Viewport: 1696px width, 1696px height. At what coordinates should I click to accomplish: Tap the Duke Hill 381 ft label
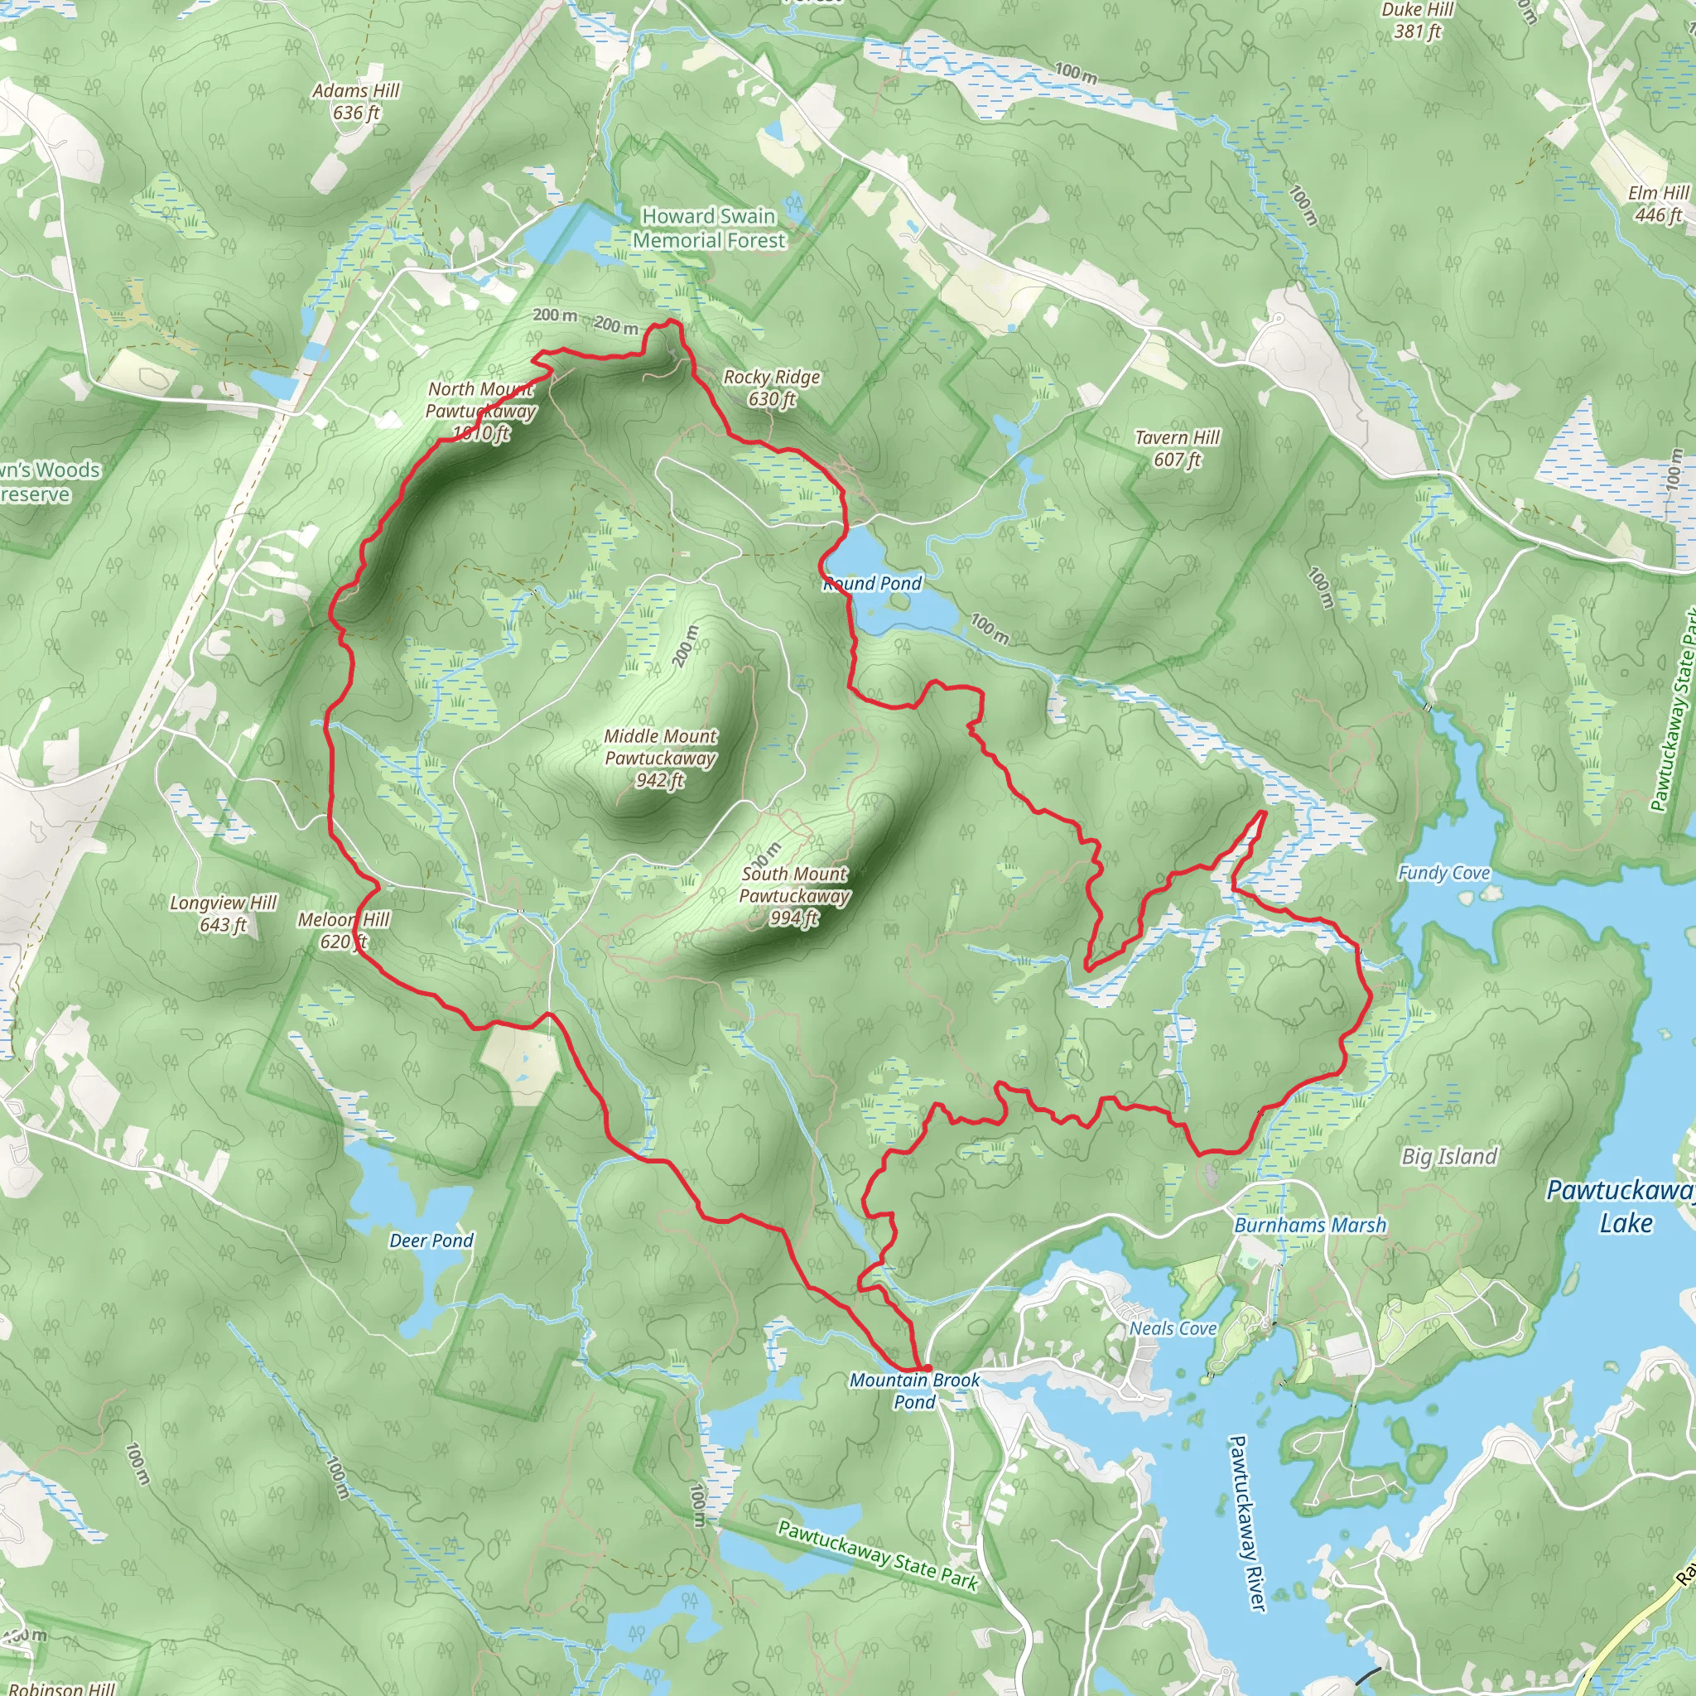pyautogui.click(x=1417, y=21)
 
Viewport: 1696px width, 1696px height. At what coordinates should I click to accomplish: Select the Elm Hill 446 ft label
pyautogui.click(x=1657, y=204)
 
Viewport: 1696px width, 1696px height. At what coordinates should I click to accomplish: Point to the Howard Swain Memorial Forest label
pyautogui.click(x=710, y=229)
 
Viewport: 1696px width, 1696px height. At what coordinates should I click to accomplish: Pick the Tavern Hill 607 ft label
pyautogui.click(x=1178, y=448)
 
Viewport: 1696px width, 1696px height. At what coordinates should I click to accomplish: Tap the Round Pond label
pyautogui.click(x=873, y=584)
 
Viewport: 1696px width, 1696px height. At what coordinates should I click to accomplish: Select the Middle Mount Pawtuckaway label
pyautogui.click(x=660, y=758)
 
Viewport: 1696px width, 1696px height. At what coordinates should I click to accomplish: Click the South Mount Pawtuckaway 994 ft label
pyautogui.click(x=794, y=895)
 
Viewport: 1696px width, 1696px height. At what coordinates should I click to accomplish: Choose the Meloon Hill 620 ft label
pyautogui.click(x=343, y=931)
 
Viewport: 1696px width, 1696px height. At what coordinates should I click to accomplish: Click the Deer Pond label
pyautogui.click(x=431, y=1241)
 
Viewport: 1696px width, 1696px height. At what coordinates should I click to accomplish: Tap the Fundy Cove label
pyautogui.click(x=1444, y=873)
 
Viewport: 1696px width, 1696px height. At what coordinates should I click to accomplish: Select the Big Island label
pyautogui.click(x=1449, y=1157)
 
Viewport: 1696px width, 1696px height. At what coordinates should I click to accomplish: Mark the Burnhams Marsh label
pyautogui.click(x=1310, y=1226)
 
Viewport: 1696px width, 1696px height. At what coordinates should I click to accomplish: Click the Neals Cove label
pyautogui.click(x=1173, y=1329)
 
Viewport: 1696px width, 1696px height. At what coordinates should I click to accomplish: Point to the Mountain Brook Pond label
pyautogui.click(x=915, y=1390)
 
